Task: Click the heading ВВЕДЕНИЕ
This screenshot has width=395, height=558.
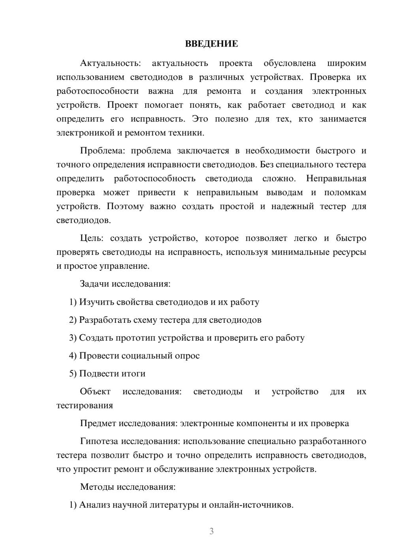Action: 211,44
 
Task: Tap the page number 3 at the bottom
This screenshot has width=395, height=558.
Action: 211,531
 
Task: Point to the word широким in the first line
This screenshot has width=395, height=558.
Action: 346,63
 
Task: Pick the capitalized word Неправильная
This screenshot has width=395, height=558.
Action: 336,179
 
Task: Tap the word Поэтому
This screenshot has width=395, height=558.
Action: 125,206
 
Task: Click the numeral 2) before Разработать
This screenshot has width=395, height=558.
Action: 73,320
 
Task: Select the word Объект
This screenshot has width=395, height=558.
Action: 95,391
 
